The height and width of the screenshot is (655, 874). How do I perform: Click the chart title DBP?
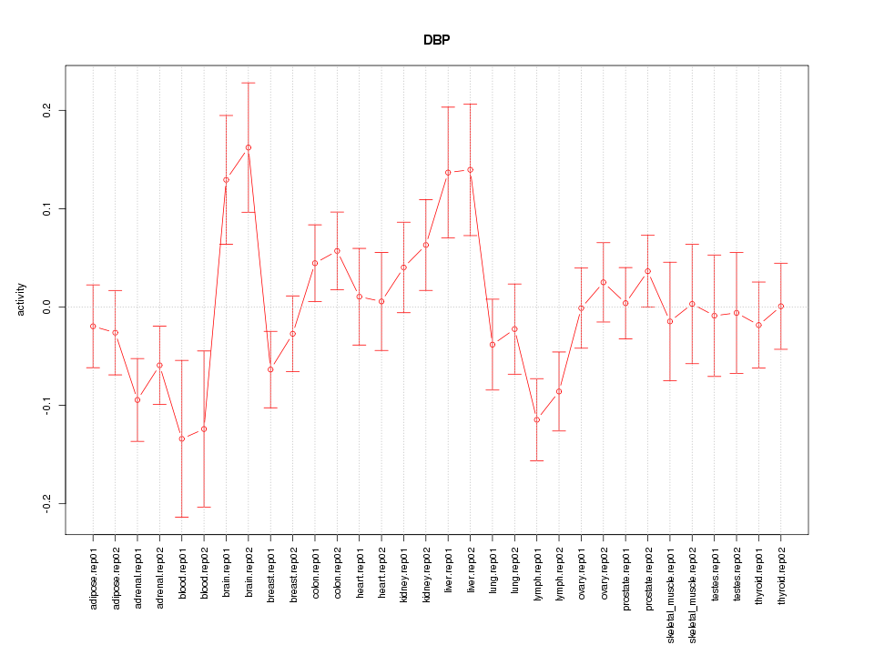point(436,41)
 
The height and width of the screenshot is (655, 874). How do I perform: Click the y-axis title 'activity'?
point(21,299)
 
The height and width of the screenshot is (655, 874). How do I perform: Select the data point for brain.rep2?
point(249,147)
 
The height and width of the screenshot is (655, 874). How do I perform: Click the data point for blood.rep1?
point(182,438)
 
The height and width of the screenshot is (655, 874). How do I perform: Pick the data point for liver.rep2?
point(471,169)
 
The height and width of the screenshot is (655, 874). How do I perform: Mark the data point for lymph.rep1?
point(537,419)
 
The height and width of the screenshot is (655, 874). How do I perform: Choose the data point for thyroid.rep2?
point(781,306)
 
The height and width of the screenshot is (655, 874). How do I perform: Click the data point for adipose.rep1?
point(93,326)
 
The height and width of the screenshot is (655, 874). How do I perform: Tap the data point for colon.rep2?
point(337,250)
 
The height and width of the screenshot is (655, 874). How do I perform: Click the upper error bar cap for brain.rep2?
point(249,83)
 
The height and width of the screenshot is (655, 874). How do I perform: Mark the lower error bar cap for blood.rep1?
point(182,517)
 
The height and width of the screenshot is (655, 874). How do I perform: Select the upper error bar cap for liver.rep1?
point(448,106)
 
